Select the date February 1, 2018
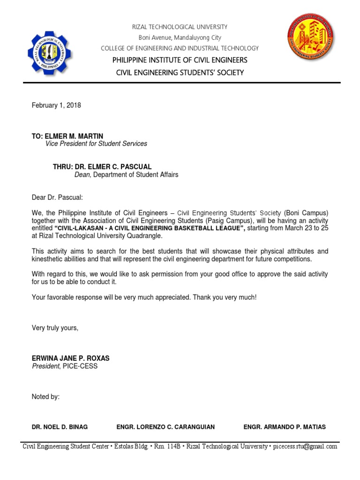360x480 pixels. [x=56, y=105]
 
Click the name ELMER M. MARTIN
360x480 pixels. [x=74, y=136]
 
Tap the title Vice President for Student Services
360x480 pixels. [x=96, y=144]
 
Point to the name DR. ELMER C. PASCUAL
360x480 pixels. [x=109, y=167]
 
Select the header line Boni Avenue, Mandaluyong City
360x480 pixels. [x=180, y=38]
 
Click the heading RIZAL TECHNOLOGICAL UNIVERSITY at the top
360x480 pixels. [x=180, y=27]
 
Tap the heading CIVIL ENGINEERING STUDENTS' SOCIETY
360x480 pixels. [x=180, y=73]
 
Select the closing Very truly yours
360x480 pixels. [x=55, y=328]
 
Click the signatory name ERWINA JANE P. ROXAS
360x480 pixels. [x=70, y=358]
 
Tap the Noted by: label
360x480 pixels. [x=45, y=397]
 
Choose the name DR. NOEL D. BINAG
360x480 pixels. [x=60, y=427]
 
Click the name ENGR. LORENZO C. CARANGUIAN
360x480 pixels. [x=165, y=427]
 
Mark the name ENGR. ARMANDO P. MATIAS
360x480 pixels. [x=285, y=427]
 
